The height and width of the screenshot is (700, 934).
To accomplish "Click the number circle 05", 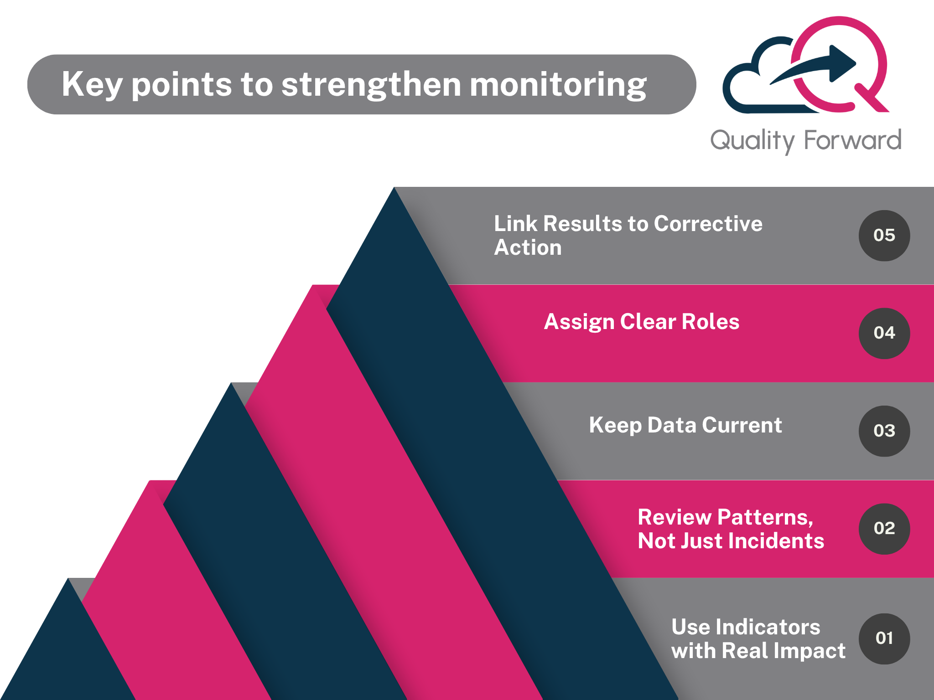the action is [x=884, y=236].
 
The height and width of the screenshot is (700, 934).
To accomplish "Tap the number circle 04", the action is [x=884, y=333].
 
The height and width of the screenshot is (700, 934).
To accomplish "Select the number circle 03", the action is [x=884, y=431].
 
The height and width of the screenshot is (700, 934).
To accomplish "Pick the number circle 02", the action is [x=884, y=529].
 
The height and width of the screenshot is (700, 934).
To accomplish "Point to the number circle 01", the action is [x=884, y=639].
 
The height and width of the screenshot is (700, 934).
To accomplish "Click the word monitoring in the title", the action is [x=558, y=85].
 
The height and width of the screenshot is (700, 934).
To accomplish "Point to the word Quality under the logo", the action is [x=753, y=141].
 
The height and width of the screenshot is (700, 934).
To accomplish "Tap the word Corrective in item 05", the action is [x=708, y=224].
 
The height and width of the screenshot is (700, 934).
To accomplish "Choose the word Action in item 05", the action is [x=528, y=247].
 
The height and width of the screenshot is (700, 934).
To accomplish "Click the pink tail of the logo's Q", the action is [x=871, y=98].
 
